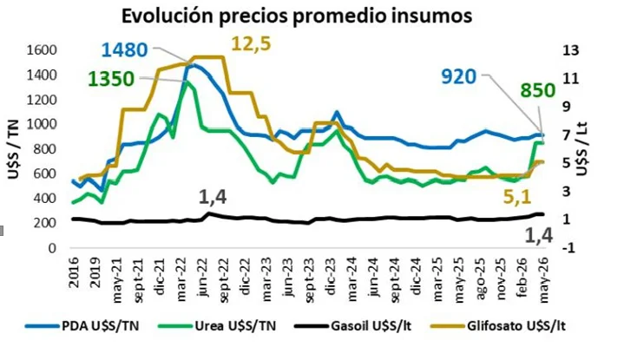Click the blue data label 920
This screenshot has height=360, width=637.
[459, 76]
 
